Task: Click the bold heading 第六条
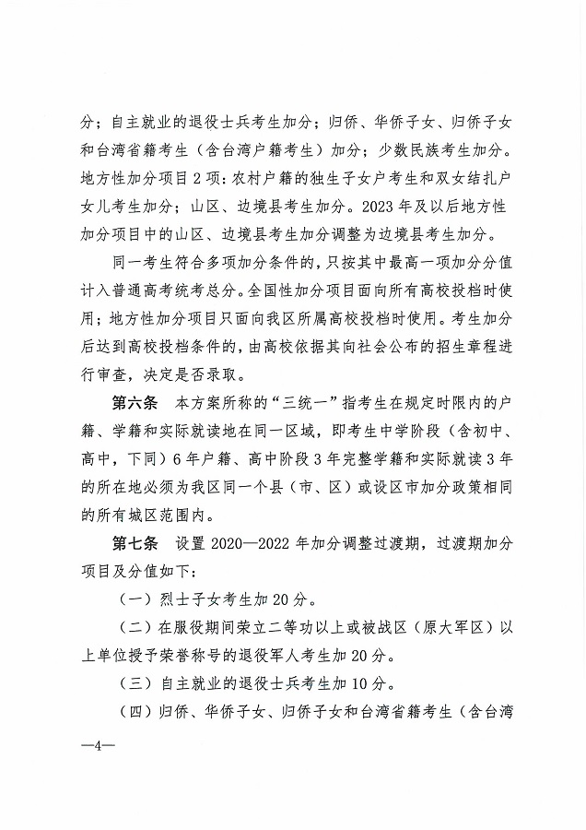[135, 403]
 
